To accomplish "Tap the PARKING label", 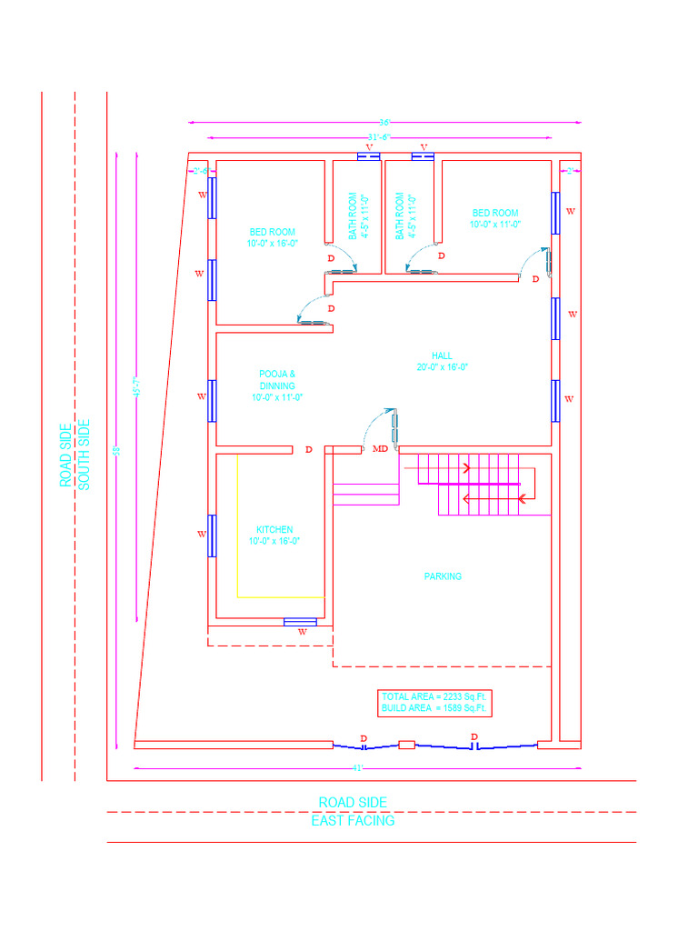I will point(443,576).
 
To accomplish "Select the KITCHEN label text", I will point(274,530).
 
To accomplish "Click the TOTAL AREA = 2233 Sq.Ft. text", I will point(434,696).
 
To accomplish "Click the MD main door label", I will point(381,449).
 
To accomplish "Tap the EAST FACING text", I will point(353,821).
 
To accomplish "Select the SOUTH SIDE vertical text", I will point(85,454).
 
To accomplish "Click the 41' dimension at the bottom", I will point(357,768).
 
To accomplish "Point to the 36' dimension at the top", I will point(384,122).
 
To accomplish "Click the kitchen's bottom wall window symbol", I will point(300,622).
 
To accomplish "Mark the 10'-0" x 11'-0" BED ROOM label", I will point(495,218).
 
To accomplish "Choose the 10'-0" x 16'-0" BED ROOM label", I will point(273,238).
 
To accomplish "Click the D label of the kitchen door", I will point(309,450).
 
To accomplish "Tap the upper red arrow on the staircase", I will point(465,469).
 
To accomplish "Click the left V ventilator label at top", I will point(368,147).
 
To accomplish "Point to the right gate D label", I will point(474,737).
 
